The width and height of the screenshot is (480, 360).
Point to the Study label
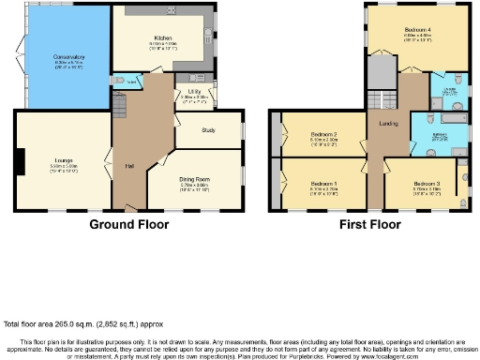pos(208,130)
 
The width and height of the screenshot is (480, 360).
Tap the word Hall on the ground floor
pos(128,167)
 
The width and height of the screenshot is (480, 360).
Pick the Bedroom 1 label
pos(323,182)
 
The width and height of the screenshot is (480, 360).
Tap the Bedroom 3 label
pos(425,183)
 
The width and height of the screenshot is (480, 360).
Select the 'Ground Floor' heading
pos(128,225)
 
